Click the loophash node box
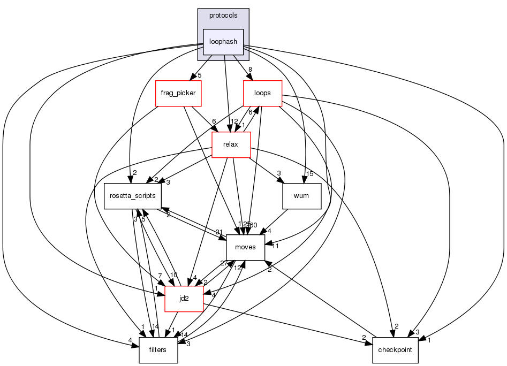pyautogui.click(x=223, y=42)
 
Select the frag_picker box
pyautogui.click(x=178, y=93)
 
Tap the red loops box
pyautogui.click(x=262, y=93)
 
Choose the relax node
pyautogui.click(x=231, y=144)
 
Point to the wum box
pyautogui.click(x=301, y=196)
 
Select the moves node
pyautogui.click(x=245, y=247)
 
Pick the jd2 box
pyautogui.click(x=184, y=299)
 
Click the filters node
pyautogui.click(x=158, y=350)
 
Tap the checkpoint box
pyautogui.click(x=395, y=350)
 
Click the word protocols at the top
pyautogui.click(x=223, y=16)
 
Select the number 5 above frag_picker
pyautogui.click(x=199, y=75)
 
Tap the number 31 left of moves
pyautogui.click(x=220, y=232)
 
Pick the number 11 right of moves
pyautogui.click(x=275, y=246)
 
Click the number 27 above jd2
pyautogui.click(x=224, y=263)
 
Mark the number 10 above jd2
pyautogui.click(x=173, y=275)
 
